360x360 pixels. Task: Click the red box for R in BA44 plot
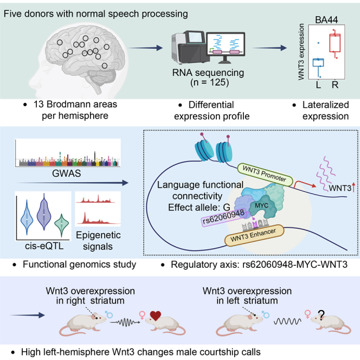coord(335,43)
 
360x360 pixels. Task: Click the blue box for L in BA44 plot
coord(318,63)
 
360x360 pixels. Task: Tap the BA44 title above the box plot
coord(326,20)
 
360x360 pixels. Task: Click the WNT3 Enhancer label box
coord(254,235)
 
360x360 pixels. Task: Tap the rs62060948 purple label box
coord(223,217)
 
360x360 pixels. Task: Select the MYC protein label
coord(261,205)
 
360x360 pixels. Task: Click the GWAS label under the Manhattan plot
coord(66,173)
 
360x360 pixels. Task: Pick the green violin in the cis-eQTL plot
coord(61,224)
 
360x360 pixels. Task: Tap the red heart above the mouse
coord(156,316)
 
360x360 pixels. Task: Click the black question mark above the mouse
coord(321,315)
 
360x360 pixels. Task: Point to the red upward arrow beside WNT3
coord(353,188)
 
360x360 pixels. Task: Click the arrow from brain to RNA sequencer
coord(145,48)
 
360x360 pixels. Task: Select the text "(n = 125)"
coord(209,82)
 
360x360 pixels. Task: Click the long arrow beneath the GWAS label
coord(72,183)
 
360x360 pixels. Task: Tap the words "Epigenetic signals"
coord(98,241)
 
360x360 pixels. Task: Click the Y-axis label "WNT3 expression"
coord(301,52)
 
